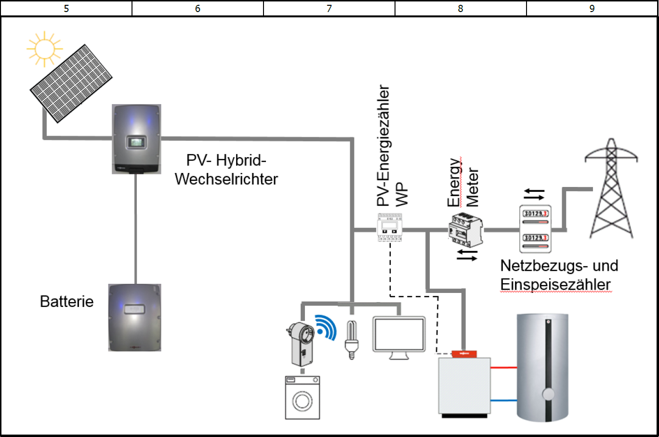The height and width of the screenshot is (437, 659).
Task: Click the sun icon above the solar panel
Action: (x=44, y=49)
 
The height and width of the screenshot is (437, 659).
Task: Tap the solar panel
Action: (x=71, y=83)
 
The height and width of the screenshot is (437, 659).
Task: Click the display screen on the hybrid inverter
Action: (x=136, y=142)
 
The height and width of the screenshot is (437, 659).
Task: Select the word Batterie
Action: (x=66, y=302)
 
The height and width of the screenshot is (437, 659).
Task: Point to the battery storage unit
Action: (x=134, y=318)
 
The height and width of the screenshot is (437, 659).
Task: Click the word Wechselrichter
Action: (x=226, y=179)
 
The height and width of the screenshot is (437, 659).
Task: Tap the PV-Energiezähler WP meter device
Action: (x=389, y=228)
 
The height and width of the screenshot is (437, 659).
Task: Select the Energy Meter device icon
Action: (x=465, y=230)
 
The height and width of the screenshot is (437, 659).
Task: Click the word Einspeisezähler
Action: (x=555, y=284)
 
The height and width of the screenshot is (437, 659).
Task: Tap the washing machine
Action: (x=302, y=397)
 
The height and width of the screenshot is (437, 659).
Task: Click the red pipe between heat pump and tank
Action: (x=503, y=368)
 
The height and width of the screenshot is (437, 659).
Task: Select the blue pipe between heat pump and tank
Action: (x=503, y=400)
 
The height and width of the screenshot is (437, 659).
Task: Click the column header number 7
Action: (x=329, y=8)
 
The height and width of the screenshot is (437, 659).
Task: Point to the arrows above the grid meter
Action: (x=534, y=194)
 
